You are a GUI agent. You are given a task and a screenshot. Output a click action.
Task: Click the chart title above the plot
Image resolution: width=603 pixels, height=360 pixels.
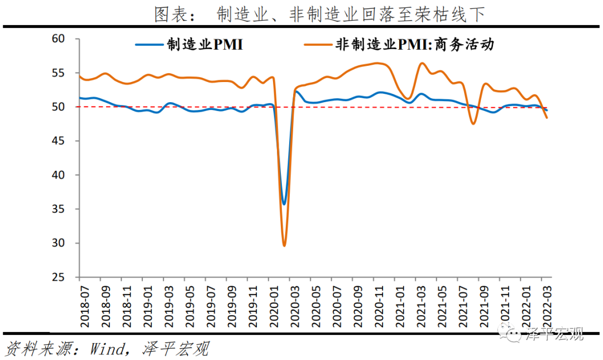tap(319, 14)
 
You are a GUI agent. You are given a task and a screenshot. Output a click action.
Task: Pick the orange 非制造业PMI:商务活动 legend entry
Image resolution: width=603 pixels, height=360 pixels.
tap(399, 45)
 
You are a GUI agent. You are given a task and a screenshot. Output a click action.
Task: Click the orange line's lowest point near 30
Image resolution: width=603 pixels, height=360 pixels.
tap(284, 245)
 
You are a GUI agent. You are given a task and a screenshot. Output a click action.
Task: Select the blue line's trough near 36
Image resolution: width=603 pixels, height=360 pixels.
tap(284, 204)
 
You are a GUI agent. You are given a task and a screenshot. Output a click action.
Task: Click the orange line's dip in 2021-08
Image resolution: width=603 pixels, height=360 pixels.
tap(473, 123)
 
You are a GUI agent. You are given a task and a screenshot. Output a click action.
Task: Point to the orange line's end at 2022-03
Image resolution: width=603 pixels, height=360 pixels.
tap(547, 117)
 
